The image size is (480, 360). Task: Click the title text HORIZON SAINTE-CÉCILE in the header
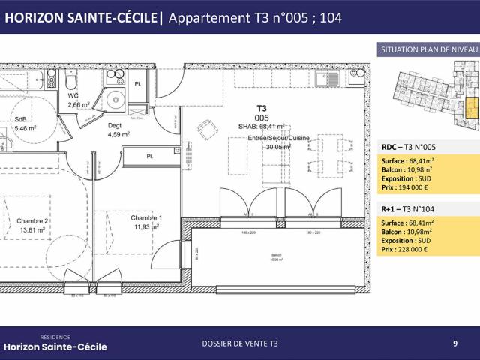(82, 19)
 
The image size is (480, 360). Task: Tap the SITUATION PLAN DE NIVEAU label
(429, 49)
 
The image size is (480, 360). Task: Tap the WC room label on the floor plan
(73, 96)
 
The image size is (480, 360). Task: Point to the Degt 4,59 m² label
(118, 130)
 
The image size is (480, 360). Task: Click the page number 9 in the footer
(455, 343)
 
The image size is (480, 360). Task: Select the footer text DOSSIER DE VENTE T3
(240, 343)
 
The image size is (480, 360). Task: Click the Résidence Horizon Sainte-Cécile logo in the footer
(55, 343)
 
